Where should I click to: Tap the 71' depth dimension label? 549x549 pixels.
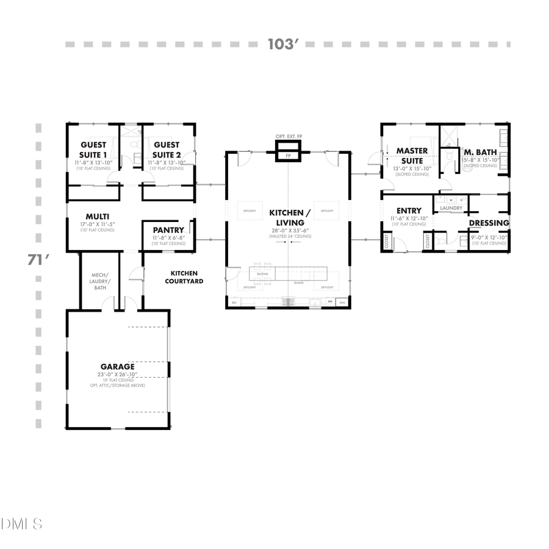click(37, 260)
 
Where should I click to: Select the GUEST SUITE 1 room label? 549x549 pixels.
click(94, 149)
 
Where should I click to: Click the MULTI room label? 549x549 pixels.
click(97, 217)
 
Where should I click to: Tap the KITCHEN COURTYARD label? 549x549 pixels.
click(187, 277)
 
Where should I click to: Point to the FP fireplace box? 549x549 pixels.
click(288, 156)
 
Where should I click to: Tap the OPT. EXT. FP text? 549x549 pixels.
click(288, 137)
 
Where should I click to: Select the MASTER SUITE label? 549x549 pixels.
click(412, 156)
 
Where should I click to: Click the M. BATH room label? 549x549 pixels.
click(481, 152)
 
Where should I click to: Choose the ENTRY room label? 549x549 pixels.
click(409, 211)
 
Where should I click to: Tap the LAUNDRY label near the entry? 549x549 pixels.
click(451, 208)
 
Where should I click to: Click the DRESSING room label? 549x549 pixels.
click(489, 223)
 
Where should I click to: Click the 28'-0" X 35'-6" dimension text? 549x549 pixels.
click(290, 231)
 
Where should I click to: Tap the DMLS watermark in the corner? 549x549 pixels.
click(22, 523)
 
